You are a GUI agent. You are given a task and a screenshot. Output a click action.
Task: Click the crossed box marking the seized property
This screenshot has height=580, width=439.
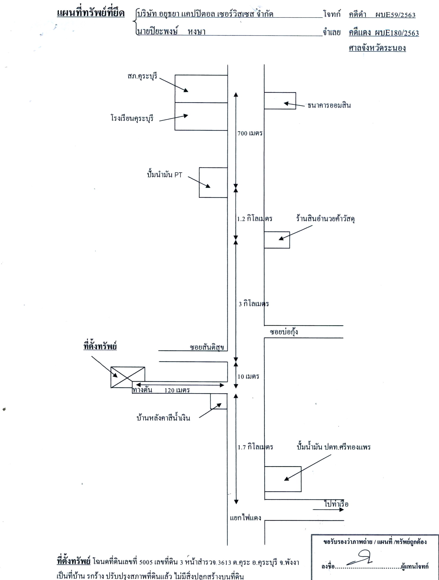pyautogui.click(x=128, y=377)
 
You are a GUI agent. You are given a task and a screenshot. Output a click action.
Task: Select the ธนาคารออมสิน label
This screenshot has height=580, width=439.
pyautogui.click(x=329, y=105)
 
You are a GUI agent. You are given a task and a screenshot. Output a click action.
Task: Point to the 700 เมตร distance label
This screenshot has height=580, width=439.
pyautogui.click(x=250, y=133)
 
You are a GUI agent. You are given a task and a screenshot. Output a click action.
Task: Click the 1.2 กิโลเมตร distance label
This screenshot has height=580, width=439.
pyautogui.click(x=254, y=219)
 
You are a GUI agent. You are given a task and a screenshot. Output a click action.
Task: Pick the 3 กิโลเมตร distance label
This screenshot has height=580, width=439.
pyautogui.click(x=254, y=304)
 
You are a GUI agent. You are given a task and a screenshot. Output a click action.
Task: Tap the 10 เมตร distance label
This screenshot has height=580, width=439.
pyautogui.click(x=248, y=376)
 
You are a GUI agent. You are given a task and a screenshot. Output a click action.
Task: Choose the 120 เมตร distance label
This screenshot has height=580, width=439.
pyautogui.click(x=177, y=390)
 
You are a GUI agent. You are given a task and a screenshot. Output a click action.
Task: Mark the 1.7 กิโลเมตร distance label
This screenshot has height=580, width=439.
pyautogui.click(x=255, y=447)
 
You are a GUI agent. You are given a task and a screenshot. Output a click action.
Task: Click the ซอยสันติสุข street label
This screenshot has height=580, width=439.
pyautogui.click(x=207, y=347)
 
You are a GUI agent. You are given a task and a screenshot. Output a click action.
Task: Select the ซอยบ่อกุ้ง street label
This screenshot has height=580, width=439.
pyautogui.click(x=284, y=332)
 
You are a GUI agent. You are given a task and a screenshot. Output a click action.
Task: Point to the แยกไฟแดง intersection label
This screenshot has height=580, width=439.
pyautogui.click(x=245, y=518)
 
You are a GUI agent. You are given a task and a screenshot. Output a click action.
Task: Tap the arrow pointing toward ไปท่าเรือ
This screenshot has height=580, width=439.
pyautogui.click(x=328, y=510)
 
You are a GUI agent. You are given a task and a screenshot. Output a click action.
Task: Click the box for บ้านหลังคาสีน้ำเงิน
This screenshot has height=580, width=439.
pyautogui.click(x=219, y=401)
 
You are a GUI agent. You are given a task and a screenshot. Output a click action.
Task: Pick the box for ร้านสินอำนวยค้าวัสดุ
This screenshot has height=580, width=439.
pyautogui.click(x=277, y=240)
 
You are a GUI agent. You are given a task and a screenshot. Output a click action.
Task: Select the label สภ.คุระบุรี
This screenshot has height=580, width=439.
pyautogui.click(x=142, y=76)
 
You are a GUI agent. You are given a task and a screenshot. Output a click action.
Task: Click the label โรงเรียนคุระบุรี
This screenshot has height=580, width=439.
pyautogui.click(x=132, y=118)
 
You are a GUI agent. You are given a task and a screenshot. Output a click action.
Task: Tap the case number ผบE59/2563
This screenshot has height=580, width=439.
pyautogui.click(x=395, y=15)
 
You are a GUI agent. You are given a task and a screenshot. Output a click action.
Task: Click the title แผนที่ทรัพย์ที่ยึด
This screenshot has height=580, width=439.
pyautogui.click(x=91, y=13)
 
